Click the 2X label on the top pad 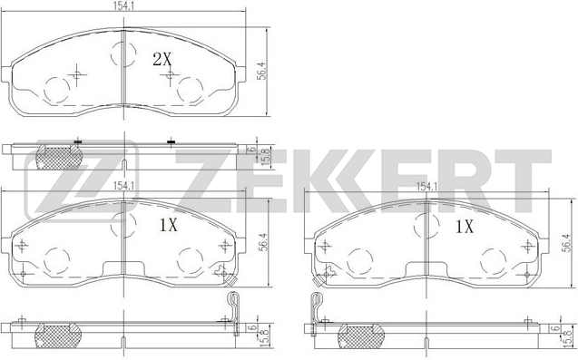click(162, 59)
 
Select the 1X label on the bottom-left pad click(169, 225)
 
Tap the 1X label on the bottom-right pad click(465, 227)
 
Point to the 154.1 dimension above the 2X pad click(123, 5)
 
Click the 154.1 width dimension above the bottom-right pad click(426, 187)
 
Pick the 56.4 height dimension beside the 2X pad click(261, 71)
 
